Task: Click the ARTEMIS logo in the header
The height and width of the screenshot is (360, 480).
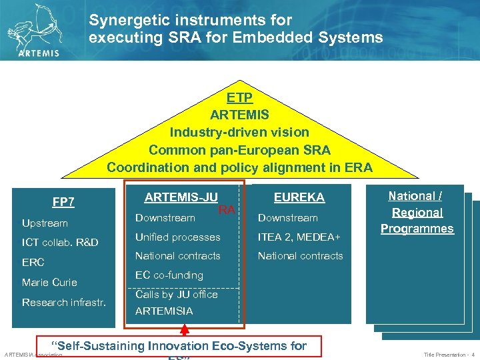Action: pyautogui.click(x=36, y=30)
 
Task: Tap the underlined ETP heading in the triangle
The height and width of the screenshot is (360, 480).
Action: pyautogui.click(x=239, y=98)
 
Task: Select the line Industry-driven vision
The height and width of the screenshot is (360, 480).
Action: pyautogui.click(x=239, y=132)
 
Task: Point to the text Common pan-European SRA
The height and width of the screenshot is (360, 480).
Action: pyautogui.click(x=239, y=149)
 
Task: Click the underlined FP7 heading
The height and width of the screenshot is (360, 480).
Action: pyautogui.click(x=63, y=202)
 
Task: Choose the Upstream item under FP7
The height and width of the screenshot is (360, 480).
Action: pyautogui.click(x=45, y=223)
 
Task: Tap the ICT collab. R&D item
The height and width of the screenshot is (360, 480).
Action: pyautogui.click(x=60, y=242)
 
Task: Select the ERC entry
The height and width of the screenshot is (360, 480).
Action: pyautogui.click(x=33, y=262)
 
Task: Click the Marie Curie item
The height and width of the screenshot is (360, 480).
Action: pyautogui.click(x=49, y=282)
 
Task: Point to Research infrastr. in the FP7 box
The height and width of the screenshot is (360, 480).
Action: pyautogui.click(x=63, y=302)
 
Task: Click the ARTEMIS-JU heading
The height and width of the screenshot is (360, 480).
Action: pyautogui.click(x=181, y=197)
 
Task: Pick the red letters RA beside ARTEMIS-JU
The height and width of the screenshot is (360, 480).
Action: pyautogui.click(x=227, y=210)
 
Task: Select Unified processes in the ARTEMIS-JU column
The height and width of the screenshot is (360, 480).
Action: pyautogui.click(x=177, y=237)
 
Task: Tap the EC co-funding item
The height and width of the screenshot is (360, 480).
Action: pyautogui.click(x=169, y=275)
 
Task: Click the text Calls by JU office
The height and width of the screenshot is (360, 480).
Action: pyautogui.click(x=176, y=294)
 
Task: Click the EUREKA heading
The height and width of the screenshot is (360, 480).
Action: pyautogui.click(x=299, y=197)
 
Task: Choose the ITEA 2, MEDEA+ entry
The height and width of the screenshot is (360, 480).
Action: pyautogui.click(x=299, y=237)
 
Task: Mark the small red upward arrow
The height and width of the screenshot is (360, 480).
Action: pyautogui.click(x=185, y=329)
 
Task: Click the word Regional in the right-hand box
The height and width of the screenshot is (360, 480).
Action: pyautogui.click(x=417, y=212)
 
